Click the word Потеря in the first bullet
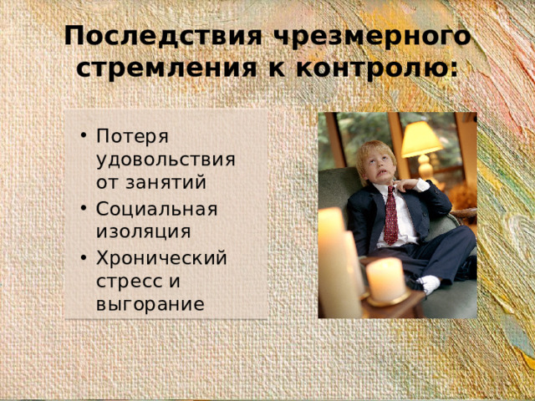click(x=133, y=136)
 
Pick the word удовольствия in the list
click(x=165, y=159)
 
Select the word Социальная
click(x=156, y=208)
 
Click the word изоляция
click(x=142, y=231)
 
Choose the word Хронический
click(x=161, y=257)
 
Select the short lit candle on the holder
click(x=385, y=280)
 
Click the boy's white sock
click(x=430, y=285)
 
